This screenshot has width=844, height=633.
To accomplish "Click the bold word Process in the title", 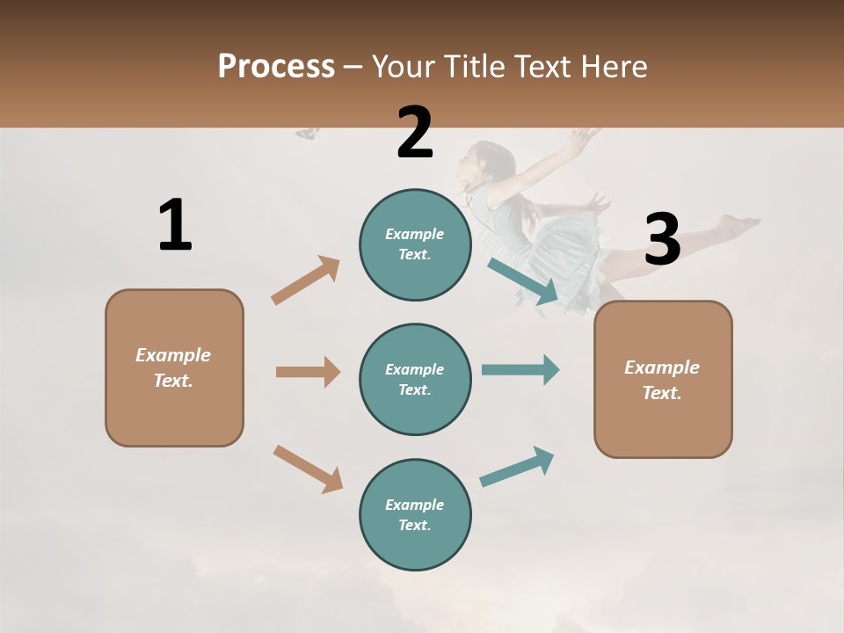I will [276, 66].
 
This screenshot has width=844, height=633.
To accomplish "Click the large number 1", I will [175, 225].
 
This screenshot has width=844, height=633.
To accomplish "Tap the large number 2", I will [415, 132].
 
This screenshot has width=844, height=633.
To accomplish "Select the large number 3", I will [663, 240].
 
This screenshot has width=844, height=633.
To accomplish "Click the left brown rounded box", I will [174, 367].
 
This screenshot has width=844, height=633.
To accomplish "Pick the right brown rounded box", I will [663, 380].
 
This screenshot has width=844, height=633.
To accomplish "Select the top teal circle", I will [415, 244].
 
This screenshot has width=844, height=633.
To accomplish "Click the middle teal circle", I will [415, 379].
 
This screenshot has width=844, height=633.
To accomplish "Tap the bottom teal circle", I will [415, 514].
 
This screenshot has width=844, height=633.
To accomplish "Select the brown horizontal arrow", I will [308, 372].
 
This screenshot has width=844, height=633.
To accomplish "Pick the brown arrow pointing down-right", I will [308, 469].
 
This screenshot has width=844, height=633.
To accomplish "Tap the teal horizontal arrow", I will [520, 369].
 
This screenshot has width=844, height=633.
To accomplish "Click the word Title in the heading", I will [474, 66].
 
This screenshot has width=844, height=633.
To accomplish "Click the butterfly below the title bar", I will [308, 134].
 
